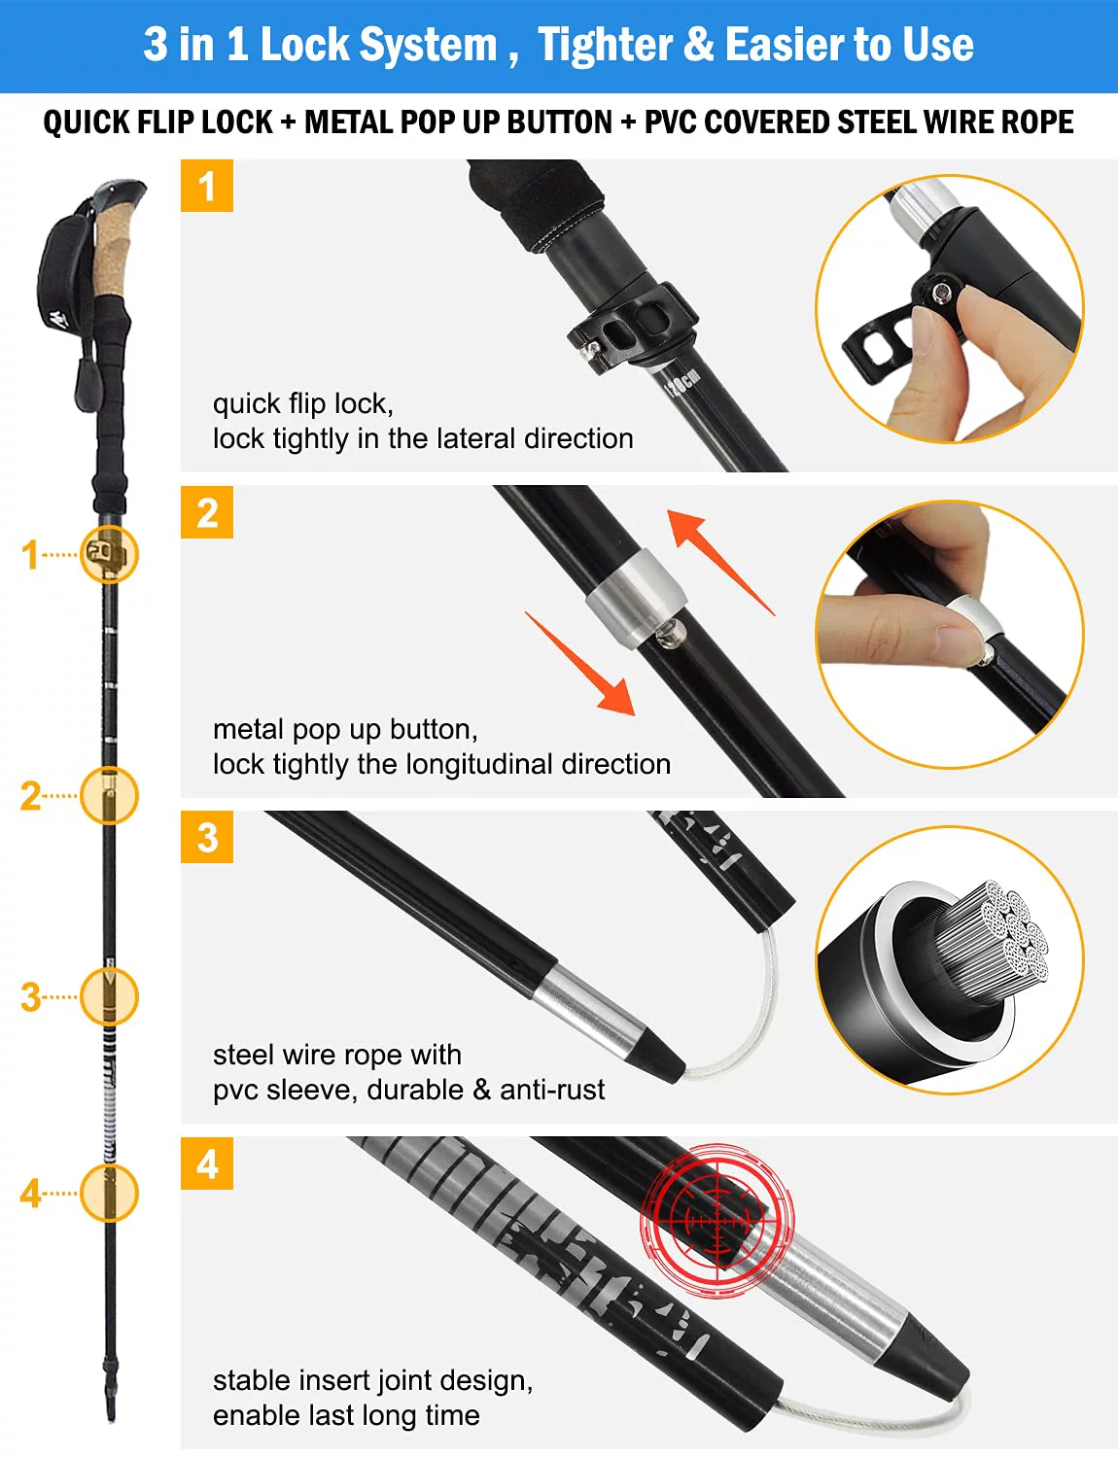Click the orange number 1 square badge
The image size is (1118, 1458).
(x=207, y=186)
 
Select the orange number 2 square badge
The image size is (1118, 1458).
(x=207, y=512)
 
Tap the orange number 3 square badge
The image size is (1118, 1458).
(x=207, y=837)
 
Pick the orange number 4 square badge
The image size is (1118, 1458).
(x=207, y=1163)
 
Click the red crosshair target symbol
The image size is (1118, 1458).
(x=717, y=1221)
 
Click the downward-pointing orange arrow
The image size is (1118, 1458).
(x=581, y=664)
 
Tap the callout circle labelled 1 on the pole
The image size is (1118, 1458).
(x=110, y=554)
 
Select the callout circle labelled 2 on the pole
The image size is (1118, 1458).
(x=110, y=795)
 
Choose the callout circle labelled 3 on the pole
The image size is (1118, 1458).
(x=110, y=996)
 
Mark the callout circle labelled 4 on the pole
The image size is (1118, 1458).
(x=110, y=1193)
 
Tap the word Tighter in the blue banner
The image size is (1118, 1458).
(x=606, y=45)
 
